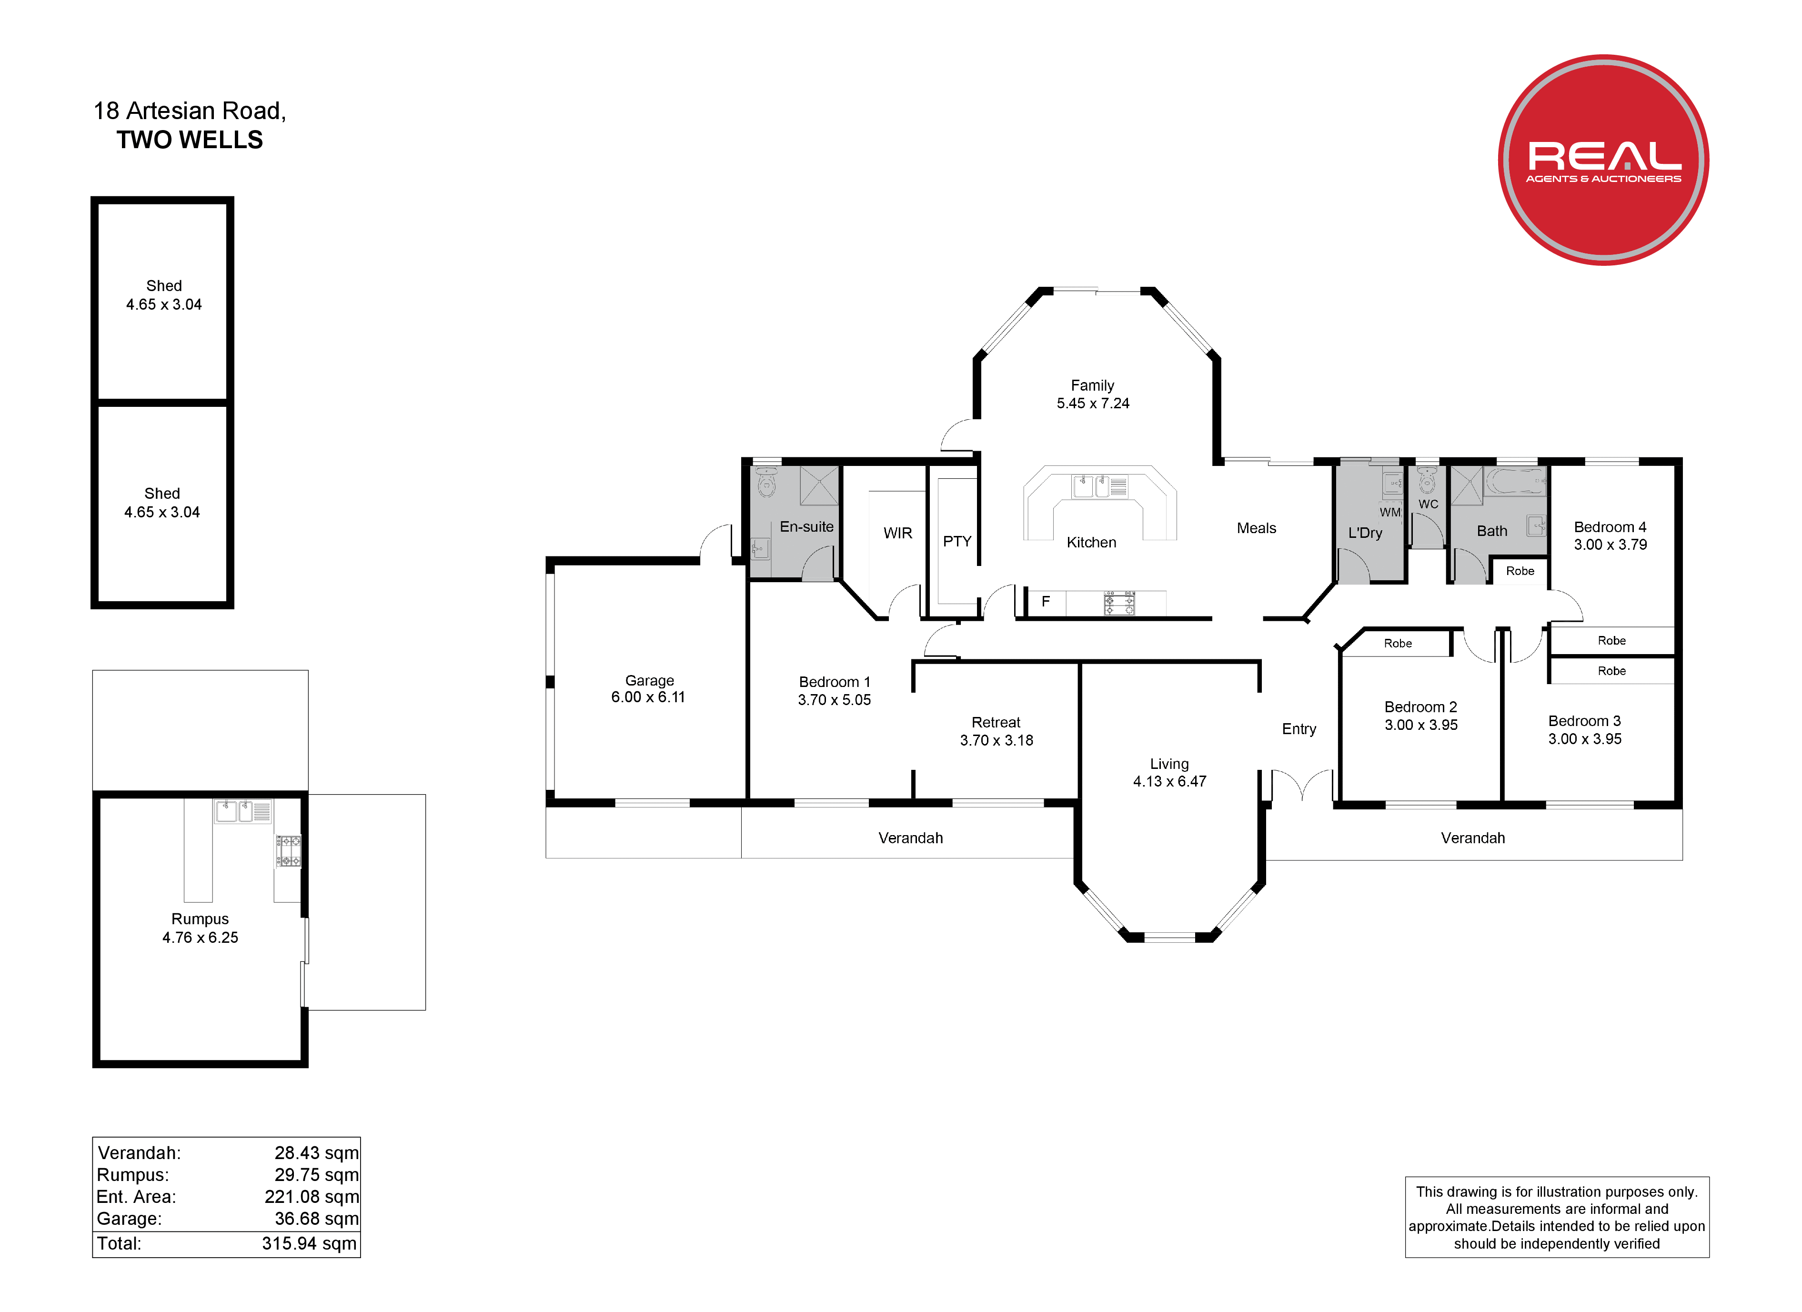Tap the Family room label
click(x=1092, y=385)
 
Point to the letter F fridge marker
click(x=1046, y=602)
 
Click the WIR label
click(x=898, y=533)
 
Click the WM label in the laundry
click(x=1389, y=513)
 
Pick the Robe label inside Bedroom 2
click(x=1398, y=644)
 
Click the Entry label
click(x=1299, y=729)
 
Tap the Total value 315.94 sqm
click(x=309, y=1244)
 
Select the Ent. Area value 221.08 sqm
click(x=312, y=1197)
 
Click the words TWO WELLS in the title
click(x=190, y=140)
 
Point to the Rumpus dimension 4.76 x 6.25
click(x=200, y=938)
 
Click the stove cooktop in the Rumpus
click(x=288, y=850)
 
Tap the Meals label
click(x=1256, y=528)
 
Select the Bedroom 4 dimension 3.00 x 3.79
click(x=1611, y=545)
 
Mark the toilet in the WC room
click(x=1427, y=481)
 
